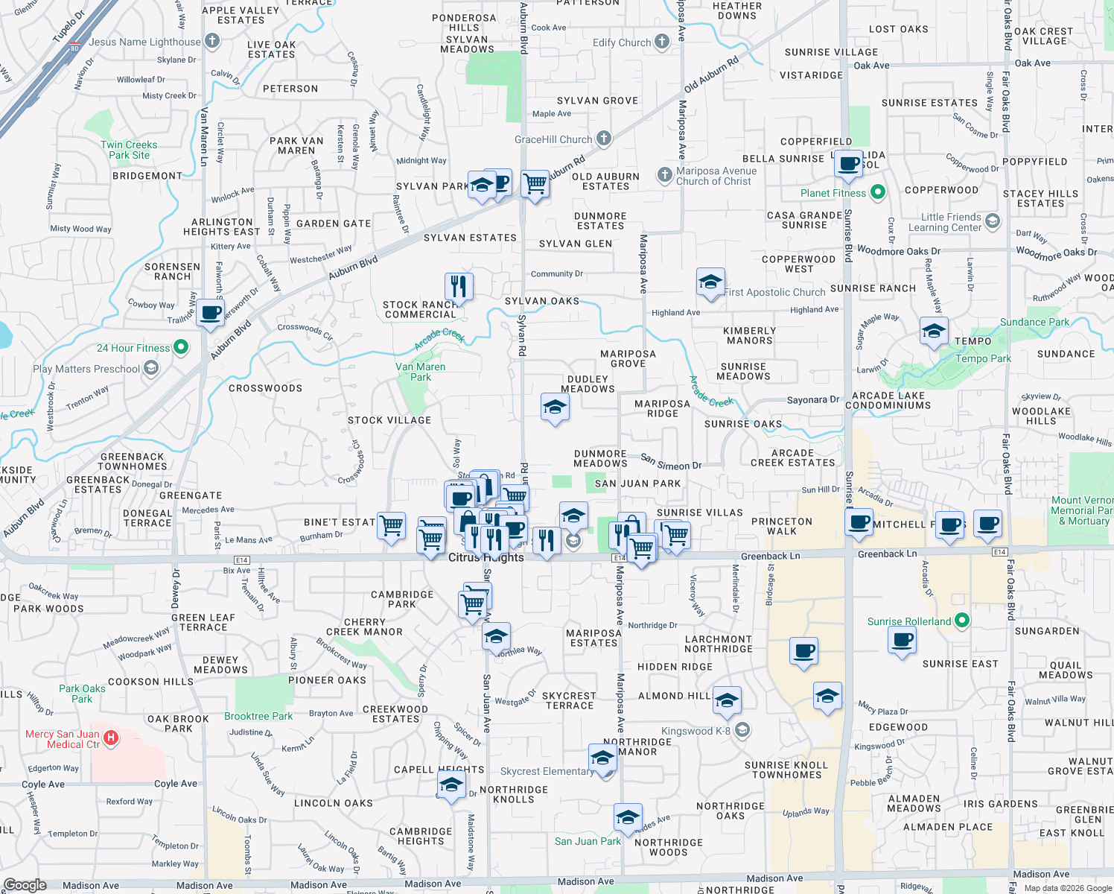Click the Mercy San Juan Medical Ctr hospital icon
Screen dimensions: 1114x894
pyautogui.click(x=110, y=738)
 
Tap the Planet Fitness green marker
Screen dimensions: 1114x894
pyautogui.click(x=878, y=192)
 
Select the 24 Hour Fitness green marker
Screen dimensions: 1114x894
pyautogui.click(x=180, y=347)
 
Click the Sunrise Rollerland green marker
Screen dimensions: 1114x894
pyautogui.click(x=962, y=621)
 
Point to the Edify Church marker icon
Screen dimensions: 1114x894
pyautogui.click(x=662, y=42)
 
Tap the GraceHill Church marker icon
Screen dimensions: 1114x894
pyautogui.click(x=604, y=139)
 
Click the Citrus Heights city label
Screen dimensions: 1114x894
pyautogui.click(x=486, y=557)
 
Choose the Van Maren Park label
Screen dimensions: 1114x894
pyautogui.click(x=421, y=372)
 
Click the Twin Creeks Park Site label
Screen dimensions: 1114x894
pyautogui.click(x=129, y=150)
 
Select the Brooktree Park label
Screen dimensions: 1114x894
pyautogui.click(x=258, y=716)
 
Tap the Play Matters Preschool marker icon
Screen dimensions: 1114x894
pyautogui.click(x=151, y=368)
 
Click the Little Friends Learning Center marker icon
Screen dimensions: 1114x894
pyautogui.click(x=992, y=221)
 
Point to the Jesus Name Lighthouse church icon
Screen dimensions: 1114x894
pyautogui.click(x=212, y=41)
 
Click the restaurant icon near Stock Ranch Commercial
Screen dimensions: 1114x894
pyautogui.click(x=459, y=286)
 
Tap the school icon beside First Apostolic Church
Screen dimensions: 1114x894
pyautogui.click(x=710, y=282)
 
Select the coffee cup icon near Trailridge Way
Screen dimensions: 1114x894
pyautogui.click(x=211, y=312)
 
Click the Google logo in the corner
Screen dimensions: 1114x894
pyautogui.click(x=25, y=885)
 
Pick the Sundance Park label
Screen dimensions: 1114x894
pyautogui.click(x=1034, y=322)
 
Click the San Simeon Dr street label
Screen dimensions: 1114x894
pyautogui.click(x=671, y=462)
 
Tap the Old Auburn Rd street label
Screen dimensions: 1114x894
pyautogui.click(x=711, y=74)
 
